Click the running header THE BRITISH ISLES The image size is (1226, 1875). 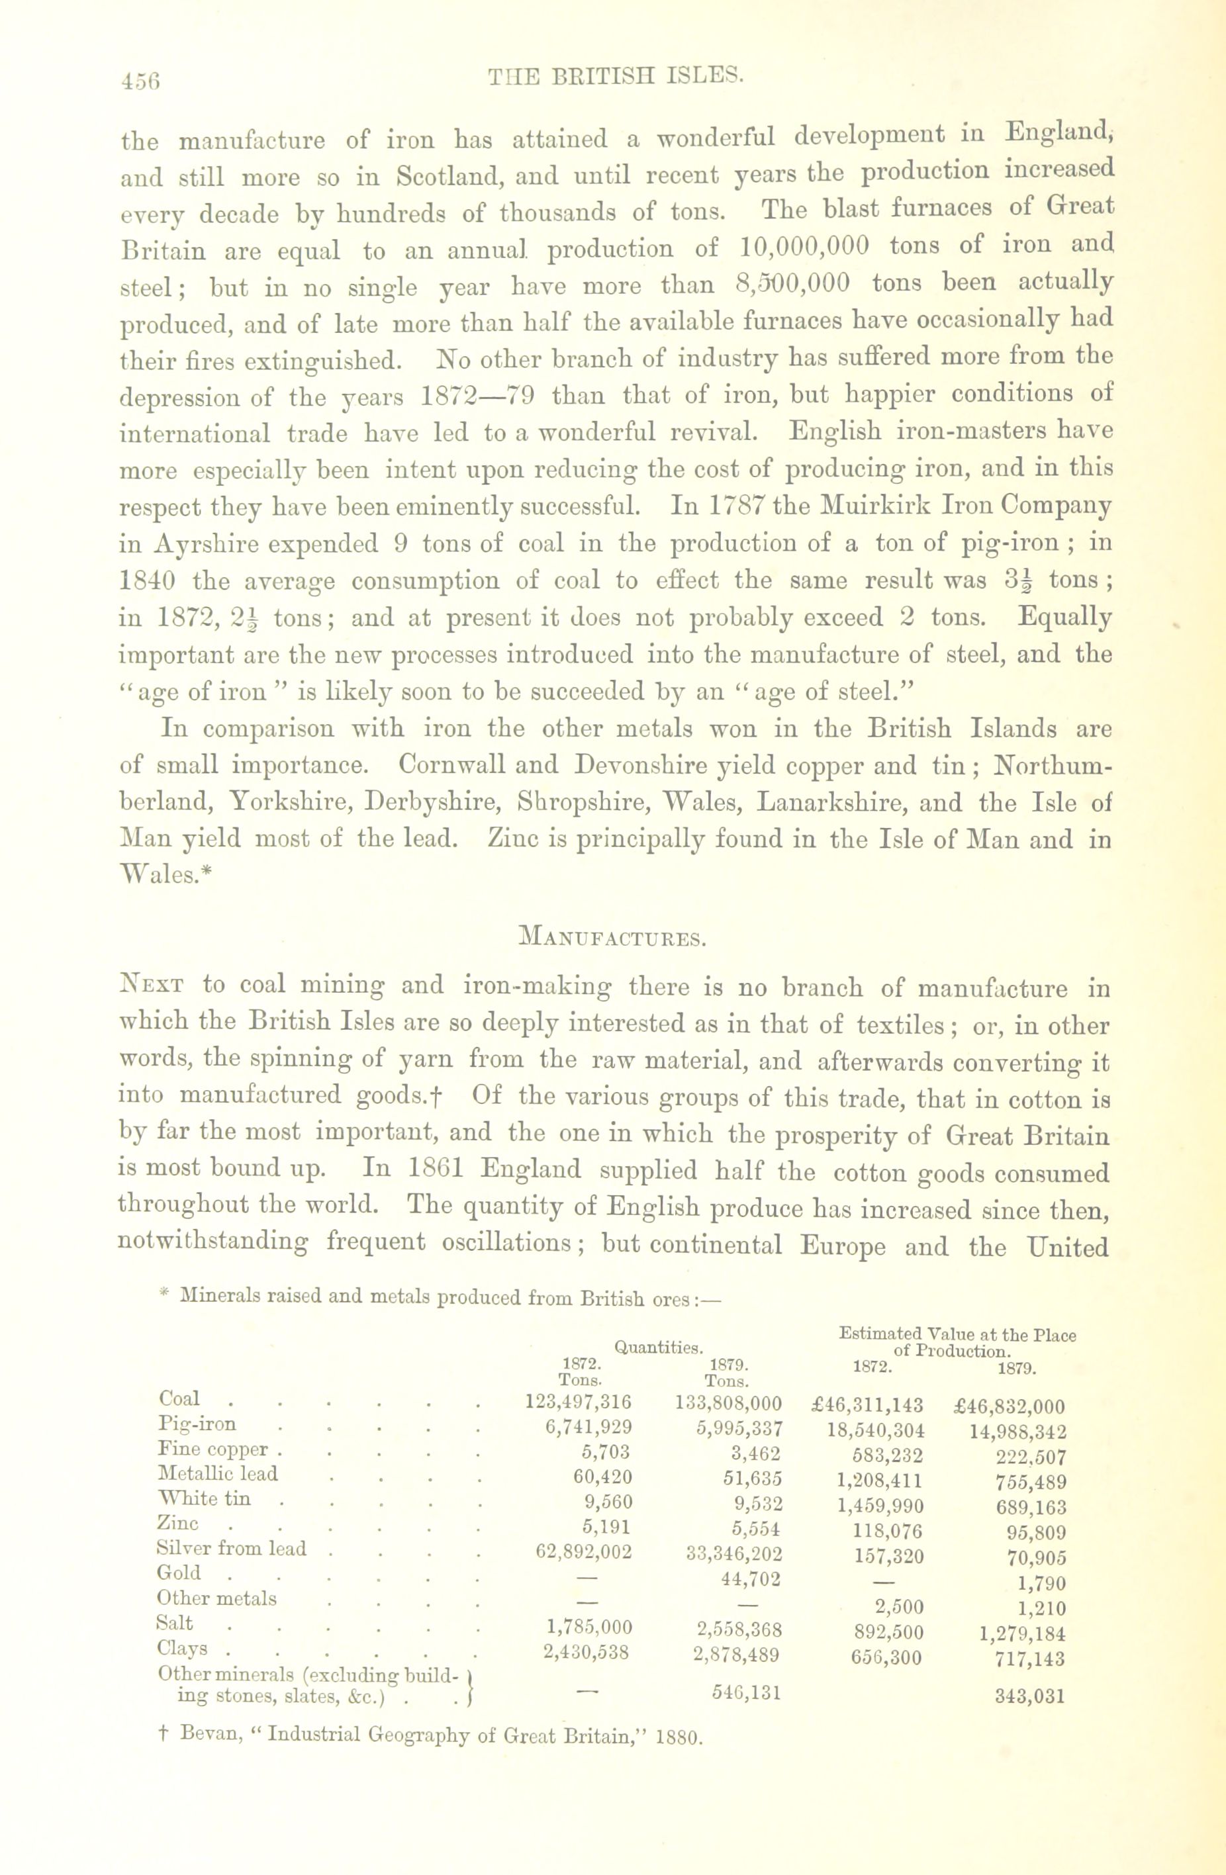click(616, 75)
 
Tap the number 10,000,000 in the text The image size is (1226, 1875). click(804, 247)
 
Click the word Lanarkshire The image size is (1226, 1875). click(859, 803)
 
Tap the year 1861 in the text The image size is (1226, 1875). click(435, 1169)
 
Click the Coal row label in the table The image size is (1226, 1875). click(179, 1398)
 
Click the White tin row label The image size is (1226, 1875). click(204, 1498)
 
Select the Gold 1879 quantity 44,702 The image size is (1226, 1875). click(745, 1578)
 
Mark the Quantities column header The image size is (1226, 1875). click(658, 1347)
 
